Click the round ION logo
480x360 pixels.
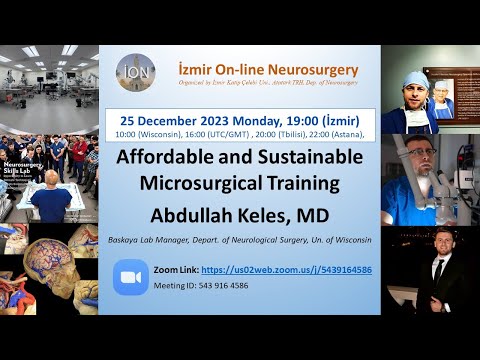coord(135,72)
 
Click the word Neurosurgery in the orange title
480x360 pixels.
coord(314,69)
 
